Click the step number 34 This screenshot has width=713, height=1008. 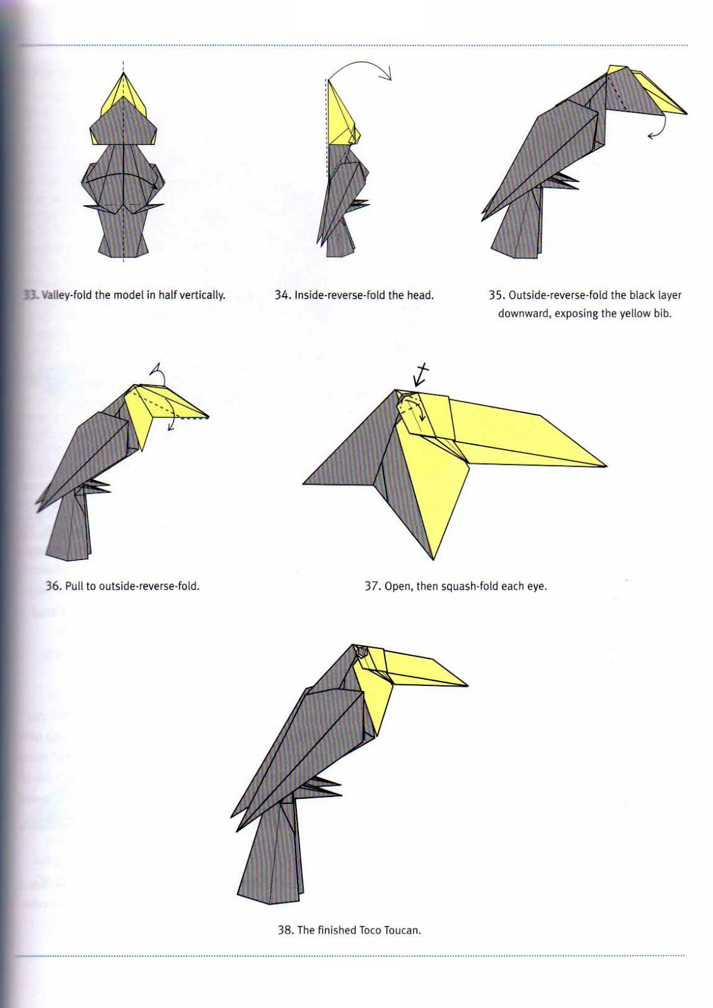[282, 295]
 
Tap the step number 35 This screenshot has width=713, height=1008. [496, 295]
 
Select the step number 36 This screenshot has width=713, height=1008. [54, 586]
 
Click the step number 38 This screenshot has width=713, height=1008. [286, 930]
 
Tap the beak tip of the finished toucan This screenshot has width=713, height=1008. [468, 686]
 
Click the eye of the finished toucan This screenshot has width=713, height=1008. [361, 651]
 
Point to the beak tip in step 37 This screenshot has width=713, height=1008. [606, 466]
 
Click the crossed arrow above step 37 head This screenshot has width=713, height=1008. [420, 375]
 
